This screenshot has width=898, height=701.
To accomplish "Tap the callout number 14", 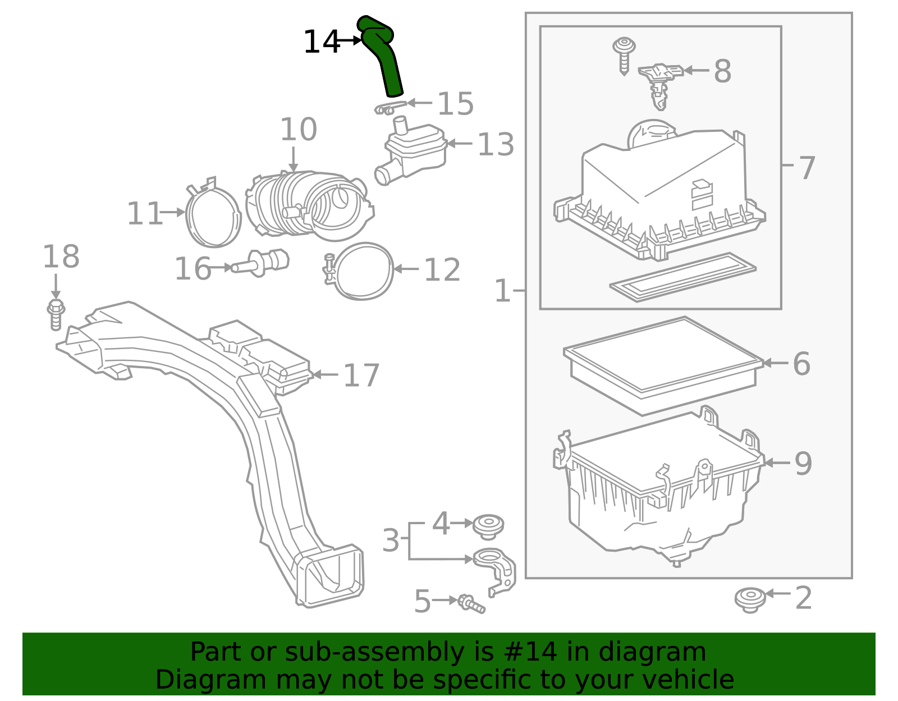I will point(321,42).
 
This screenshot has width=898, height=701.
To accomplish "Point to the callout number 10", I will point(298,130).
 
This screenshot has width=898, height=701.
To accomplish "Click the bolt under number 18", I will point(55,315).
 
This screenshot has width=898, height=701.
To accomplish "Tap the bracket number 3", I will point(391,540).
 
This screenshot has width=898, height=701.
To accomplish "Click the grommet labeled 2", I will point(750,599).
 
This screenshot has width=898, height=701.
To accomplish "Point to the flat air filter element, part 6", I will point(662,365).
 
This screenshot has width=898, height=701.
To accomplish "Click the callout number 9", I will point(803,464).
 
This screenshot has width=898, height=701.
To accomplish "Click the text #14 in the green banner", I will point(531,652).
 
